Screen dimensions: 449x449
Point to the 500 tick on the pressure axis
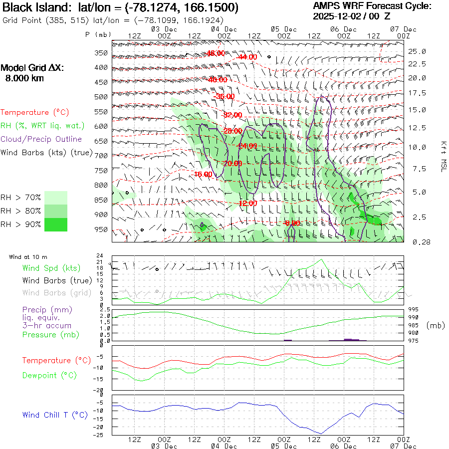pos(101,97)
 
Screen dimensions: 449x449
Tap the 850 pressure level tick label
pos(101,200)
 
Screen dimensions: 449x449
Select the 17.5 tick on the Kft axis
pos(417,93)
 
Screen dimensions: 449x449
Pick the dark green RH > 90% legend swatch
pos(56,224)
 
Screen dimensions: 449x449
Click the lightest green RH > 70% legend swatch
pos(56,198)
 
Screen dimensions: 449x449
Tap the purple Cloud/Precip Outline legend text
pos(41,139)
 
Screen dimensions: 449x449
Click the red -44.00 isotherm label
pos(247,57)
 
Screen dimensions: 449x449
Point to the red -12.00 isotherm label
pos(248,204)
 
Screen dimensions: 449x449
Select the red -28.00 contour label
pos(232,130)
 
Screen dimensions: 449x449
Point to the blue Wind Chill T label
pos(55,415)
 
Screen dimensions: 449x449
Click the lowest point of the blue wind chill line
pos(322,434)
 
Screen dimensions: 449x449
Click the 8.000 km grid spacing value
pos(24,78)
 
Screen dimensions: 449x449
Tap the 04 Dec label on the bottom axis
pos(224,446)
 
